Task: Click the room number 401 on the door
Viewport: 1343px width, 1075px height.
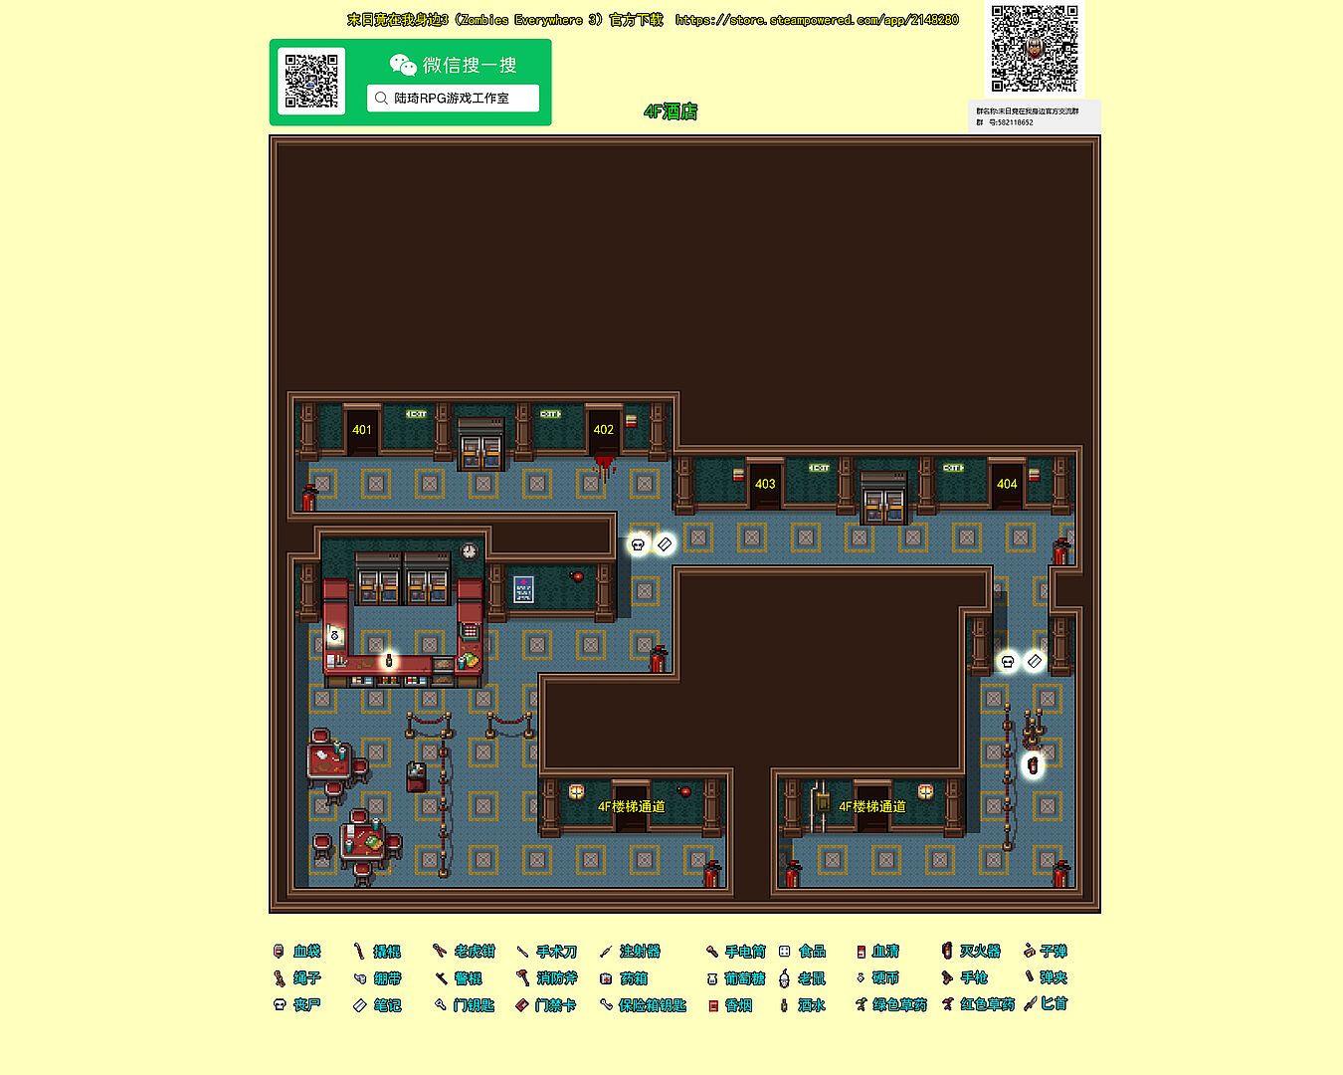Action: tap(362, 430)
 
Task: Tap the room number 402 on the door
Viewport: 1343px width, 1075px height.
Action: tap(604, 430)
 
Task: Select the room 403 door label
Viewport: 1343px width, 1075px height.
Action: tap(765, 485)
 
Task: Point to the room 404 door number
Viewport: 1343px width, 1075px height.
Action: tap(1007, 485)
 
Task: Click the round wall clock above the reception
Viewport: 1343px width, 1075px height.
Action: tap(469, 550)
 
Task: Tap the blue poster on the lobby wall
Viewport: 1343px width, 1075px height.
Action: tap(523, 589)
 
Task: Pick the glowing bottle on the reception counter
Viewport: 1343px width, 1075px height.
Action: tap(388, 659)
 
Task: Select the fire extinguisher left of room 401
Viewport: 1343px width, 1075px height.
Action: tap(309, 497)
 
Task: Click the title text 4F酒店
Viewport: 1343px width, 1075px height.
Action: tap(671, 111)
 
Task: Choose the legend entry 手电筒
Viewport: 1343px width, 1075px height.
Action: tap(736, 952)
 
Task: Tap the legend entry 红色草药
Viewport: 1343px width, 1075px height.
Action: tap(979, 1004)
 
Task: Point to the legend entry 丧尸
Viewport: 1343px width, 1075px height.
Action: tap(297, 1005)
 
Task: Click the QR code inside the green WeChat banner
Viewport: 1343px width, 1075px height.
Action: tap(311, 82)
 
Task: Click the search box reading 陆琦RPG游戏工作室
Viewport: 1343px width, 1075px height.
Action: tap(453, 99)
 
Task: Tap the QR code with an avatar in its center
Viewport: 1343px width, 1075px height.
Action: tap(1035, 49)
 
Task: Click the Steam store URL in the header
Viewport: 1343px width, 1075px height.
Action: tap(817, 20)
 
